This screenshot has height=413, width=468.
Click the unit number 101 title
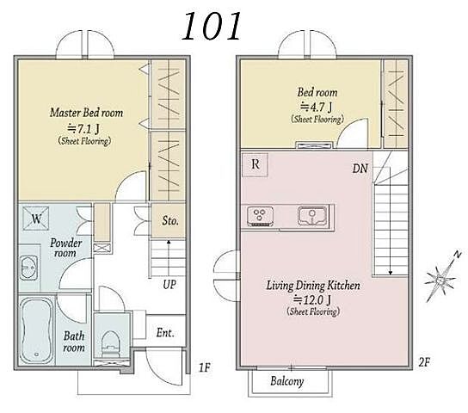click(x=211, y=27)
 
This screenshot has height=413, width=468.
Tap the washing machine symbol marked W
click(x=36, y=219)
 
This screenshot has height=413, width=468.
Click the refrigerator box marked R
click(x=256, y=164)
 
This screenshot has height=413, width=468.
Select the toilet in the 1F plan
click(x=111, y=344)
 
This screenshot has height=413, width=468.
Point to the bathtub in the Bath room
click(x=36, y=330)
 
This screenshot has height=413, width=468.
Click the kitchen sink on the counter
click(x=312, y=216)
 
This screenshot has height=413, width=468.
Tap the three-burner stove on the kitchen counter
click(x=260, y=216)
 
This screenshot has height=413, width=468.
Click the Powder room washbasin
click(x=28, y=268)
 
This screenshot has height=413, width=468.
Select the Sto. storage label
click(x=170, y=220)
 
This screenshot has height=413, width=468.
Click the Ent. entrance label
click(x=165, y=332)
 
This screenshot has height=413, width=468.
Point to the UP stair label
click(x=169, y=285)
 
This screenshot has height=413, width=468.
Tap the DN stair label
click(x=360, y=169)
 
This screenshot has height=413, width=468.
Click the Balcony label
click(x=287, y=381)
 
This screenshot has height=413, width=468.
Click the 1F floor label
click(x=205, y=367)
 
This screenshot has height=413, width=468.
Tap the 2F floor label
click(x=424, y=362)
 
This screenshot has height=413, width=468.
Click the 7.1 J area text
click(x=83, y=128)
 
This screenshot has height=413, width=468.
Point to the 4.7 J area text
click(x=316, y=107)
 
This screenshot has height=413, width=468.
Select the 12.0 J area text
click(x=312, y=299)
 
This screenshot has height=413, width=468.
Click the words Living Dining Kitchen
click(x=313, y=286)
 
